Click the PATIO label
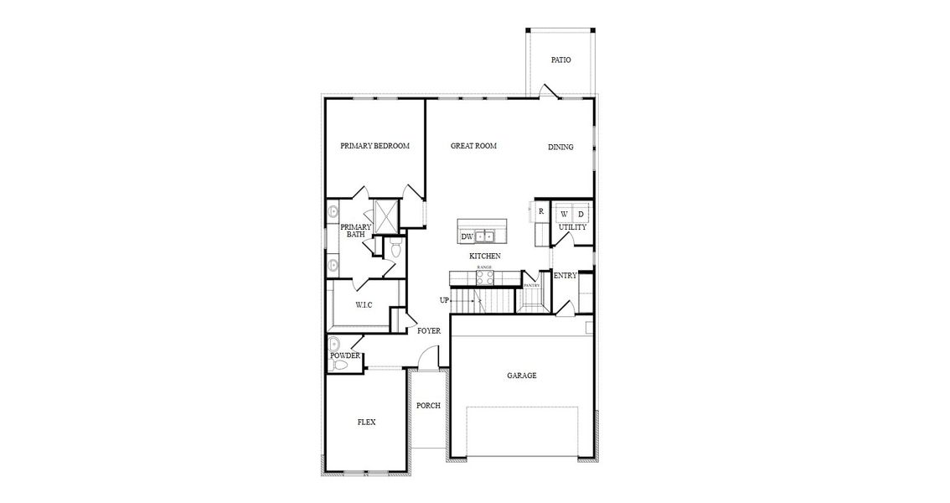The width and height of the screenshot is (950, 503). pyautogui.click(x=560, y=60)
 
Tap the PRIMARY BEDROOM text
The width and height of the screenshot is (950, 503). pyautogui.click(x=374, y=146)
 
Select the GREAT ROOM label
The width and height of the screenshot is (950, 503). pyautogui.click(x=473, y=146)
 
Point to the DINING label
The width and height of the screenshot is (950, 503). pyautogui.click(x=560, y=148)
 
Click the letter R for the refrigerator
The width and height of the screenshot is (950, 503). pyautogui.click(x=541, y=211)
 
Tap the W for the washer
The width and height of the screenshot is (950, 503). pyautogui.click(x=564, y=214)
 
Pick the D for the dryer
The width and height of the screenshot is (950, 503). pyautogui.click(x=581, y=214)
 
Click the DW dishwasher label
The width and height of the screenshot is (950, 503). pyautogui.click(x=467, y=237)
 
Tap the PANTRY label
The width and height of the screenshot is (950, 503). pyautogui.click(x=532, y=285)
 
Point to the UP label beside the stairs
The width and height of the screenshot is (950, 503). pyautogui.click(x=444, y=300)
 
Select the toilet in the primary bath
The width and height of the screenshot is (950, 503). pyautogui.click(x=396, y=249)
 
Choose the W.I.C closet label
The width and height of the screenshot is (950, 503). pyautogui.click(x=364, y=304)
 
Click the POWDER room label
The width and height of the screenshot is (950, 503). pyautogui.click(x=344, y=355)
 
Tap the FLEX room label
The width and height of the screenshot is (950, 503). pyautogui.click(x=366, y=423)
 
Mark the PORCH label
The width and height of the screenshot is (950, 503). pyautogui.click(x=428, y=406)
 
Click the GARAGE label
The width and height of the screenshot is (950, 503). pyautogui.click(x=521, y=376)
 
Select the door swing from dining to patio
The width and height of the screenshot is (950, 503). pyautogui.click(x=545, y=90)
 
